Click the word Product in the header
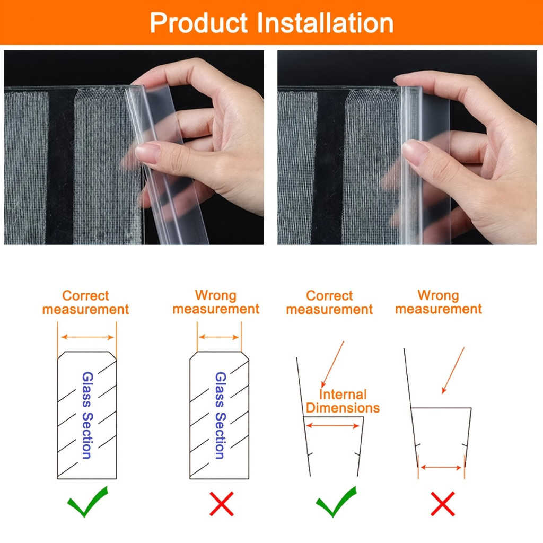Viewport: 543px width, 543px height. (x=199, y=23)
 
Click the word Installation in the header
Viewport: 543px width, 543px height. (x=325, y=23)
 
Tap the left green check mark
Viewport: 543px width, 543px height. (x=87, y=502)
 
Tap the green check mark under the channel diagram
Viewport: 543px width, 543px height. (x=336, y=502)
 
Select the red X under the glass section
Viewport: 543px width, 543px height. (x=222, y=504)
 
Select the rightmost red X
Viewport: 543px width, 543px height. (x=443, y=504)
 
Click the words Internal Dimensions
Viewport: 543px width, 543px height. (x=343, y=401)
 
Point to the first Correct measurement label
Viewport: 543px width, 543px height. (x=85, y=302)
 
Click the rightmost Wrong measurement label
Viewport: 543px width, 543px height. (x=439, y=302)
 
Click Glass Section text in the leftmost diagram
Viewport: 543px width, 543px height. (x=87, y=415)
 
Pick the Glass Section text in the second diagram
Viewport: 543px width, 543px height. (x=220, y=415)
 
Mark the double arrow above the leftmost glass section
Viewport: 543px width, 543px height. (x=87, y=337)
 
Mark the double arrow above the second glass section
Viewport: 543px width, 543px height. (x=219, y=337)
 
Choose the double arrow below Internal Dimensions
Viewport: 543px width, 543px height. (x=333, y=426)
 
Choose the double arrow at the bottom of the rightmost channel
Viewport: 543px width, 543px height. (x=441, y=468)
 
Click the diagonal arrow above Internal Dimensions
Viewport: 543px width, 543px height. (x=332, y=364)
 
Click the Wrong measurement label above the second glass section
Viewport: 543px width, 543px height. (x=216, y=302)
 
